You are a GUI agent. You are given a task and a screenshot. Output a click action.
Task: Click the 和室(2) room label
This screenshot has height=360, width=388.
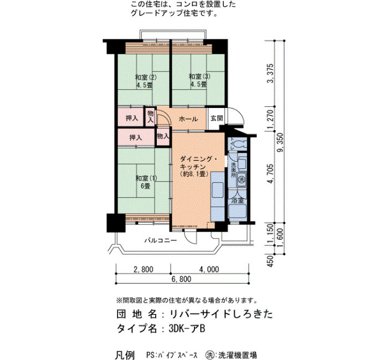click(x=146, y=76)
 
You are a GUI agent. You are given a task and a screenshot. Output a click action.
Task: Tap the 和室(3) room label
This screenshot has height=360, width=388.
click(x=200, y=76)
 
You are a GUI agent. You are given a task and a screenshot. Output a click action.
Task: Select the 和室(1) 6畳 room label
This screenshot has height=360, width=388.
click(x=146, y=182)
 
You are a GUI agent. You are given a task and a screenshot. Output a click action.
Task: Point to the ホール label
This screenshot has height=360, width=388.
click(x=188, y=119)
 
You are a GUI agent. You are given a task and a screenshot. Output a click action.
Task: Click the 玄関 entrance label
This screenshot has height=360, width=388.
click(x=217, y=118)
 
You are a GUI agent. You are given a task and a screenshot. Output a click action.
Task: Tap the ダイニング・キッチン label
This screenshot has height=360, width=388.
click(x=198, y=162)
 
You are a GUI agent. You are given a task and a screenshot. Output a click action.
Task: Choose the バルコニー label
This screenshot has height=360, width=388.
click(x=161, y=240)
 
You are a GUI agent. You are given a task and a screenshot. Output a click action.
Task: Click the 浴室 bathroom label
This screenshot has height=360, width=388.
click(x=238, y=200)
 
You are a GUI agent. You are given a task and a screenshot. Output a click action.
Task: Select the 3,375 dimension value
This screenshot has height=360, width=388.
click(x=272, y=74)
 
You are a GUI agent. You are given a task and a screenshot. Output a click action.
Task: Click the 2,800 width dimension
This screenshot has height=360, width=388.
click(x=143, y=269)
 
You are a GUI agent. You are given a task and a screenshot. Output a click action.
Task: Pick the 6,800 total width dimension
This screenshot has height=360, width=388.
click(x=181, y=279)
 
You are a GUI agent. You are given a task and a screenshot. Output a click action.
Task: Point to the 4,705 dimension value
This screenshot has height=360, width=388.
click(x=272, y=173)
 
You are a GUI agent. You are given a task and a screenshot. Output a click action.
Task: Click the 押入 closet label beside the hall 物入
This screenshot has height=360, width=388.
click(x=132, y=118)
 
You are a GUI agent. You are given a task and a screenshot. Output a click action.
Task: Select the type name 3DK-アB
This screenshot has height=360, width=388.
click(x=187, y=329)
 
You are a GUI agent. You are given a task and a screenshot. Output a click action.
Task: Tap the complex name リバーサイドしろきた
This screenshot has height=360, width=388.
click(x=221, y=314)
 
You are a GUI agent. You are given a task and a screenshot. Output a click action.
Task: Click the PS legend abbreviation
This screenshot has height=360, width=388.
click(x=149, y=355)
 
